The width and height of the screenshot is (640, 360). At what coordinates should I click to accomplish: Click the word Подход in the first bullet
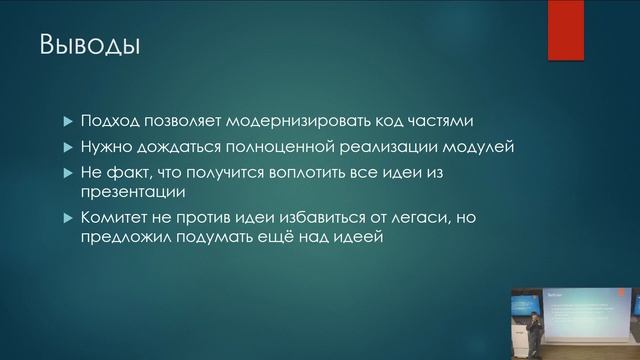(112, 122)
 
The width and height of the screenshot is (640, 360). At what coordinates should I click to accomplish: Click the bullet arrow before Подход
(68, 122)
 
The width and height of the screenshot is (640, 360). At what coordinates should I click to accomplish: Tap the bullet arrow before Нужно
(68, 148)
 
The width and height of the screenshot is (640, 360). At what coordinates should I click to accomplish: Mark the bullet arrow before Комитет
(68, 218)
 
